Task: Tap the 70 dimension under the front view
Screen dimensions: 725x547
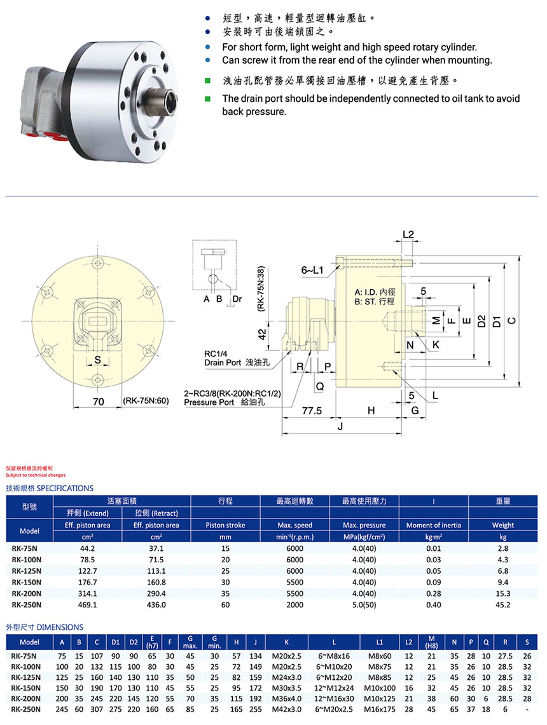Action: [98, 402]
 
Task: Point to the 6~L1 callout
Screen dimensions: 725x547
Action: [313, 270]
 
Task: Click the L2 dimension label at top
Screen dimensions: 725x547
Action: [408, 234]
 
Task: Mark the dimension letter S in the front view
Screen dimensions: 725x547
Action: [97, 360]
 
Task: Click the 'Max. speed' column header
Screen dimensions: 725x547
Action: [294, 525]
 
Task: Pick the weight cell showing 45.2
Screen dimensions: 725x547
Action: [502, 605]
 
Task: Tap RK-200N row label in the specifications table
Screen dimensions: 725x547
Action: [26, 593]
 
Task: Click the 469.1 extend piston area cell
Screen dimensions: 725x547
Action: [88, 605]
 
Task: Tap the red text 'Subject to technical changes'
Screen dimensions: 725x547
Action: [35, 475]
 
